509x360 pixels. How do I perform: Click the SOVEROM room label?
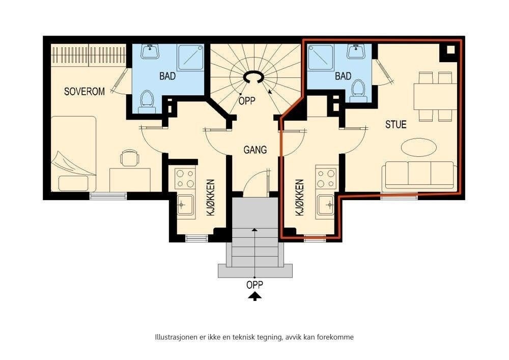(x=84, y=92)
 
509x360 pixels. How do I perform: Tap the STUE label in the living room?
(x=395, y=125)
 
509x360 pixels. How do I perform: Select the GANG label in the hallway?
(x=255, y=150)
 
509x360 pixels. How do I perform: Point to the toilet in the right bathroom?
(x=358, y=91)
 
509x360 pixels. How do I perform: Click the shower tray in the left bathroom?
(x=190, y=57)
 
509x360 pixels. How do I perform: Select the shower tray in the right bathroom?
(x=321, y=57)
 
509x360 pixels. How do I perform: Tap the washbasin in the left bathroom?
(x=150, y=51)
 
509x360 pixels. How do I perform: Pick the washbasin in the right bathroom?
(x=356, y=51)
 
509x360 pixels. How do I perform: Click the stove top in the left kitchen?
(x=185, y=179)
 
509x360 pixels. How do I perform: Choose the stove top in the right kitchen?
(x=326, y=179)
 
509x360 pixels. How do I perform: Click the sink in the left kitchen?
(x=186, y=205)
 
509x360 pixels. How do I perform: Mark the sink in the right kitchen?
(x=326, y=205)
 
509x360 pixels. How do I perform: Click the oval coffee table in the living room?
(x=418, y=147)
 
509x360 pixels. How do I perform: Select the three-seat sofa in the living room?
(x=419, y=175)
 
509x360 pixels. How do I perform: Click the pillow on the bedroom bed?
(x=73, y=183)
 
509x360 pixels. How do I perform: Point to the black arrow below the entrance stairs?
(x=255, y=296)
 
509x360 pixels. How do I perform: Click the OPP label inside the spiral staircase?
(x=247, y=101)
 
